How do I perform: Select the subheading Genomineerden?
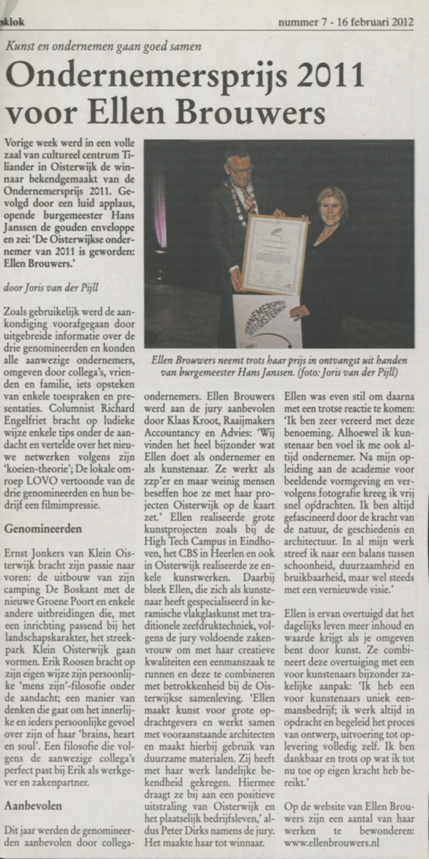click(x=43, y=528)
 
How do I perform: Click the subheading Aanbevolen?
click(x=33, y=806)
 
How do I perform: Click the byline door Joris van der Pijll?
click(x=51, y=288)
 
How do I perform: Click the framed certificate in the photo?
click(x=274, y=254)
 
